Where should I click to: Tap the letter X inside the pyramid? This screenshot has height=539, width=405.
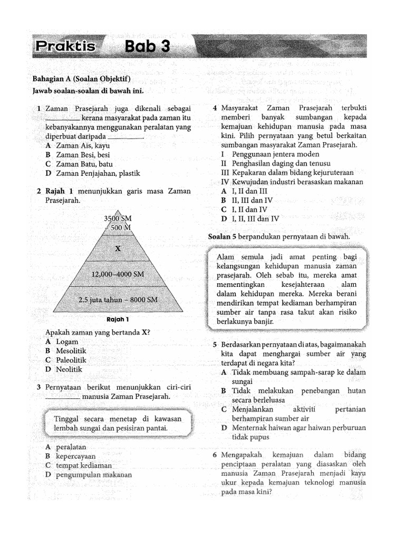click(118, 249)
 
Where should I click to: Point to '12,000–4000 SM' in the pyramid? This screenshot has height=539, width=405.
click(118, 274)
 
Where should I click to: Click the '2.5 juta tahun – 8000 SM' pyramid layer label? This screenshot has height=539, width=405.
click(118, 300)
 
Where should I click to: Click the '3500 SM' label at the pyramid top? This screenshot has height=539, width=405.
click(118, 218)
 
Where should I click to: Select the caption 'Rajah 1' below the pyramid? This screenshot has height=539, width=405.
click(118, 320)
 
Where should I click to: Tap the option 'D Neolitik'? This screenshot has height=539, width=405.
click(64, 370)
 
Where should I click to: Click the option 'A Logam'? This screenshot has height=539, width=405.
click(62, 342)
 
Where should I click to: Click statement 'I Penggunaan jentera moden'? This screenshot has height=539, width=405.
click(270, 154)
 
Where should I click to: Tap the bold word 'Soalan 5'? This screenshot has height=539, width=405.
click(220, 237)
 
